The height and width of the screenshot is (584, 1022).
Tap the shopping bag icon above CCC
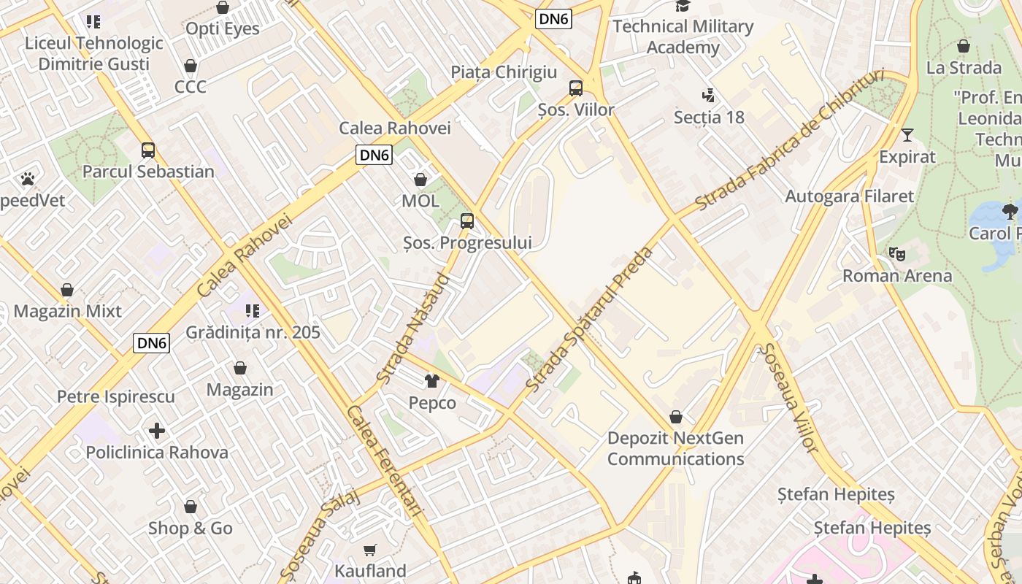coord(191,66)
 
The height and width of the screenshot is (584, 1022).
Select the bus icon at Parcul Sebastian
coord(148,150)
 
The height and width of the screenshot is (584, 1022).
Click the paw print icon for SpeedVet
coord(28,178)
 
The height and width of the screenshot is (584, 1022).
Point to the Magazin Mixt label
coord(68,311)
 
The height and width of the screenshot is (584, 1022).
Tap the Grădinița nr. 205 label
coord(253,333)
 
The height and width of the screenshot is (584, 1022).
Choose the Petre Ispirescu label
coord(116,397)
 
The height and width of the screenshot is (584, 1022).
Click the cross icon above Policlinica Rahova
coord(156,431)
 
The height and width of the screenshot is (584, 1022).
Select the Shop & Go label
coord(191,529)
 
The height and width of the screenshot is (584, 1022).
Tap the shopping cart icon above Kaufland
coord(371,550)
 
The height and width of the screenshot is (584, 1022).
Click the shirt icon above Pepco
coord(432,381)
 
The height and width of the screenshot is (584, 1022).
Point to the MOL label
coord(420,201)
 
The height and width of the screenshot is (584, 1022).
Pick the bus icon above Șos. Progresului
coord(467,220)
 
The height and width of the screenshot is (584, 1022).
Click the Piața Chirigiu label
coord(504,72)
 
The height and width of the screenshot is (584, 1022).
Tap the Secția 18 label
coord(708,117)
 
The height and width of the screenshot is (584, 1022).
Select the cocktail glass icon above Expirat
coord(907,135)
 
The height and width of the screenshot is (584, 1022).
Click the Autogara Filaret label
coord(849,196)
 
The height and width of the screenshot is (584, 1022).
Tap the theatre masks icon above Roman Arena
coord(897,254)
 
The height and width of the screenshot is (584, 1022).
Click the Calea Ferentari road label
coord(385,461)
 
